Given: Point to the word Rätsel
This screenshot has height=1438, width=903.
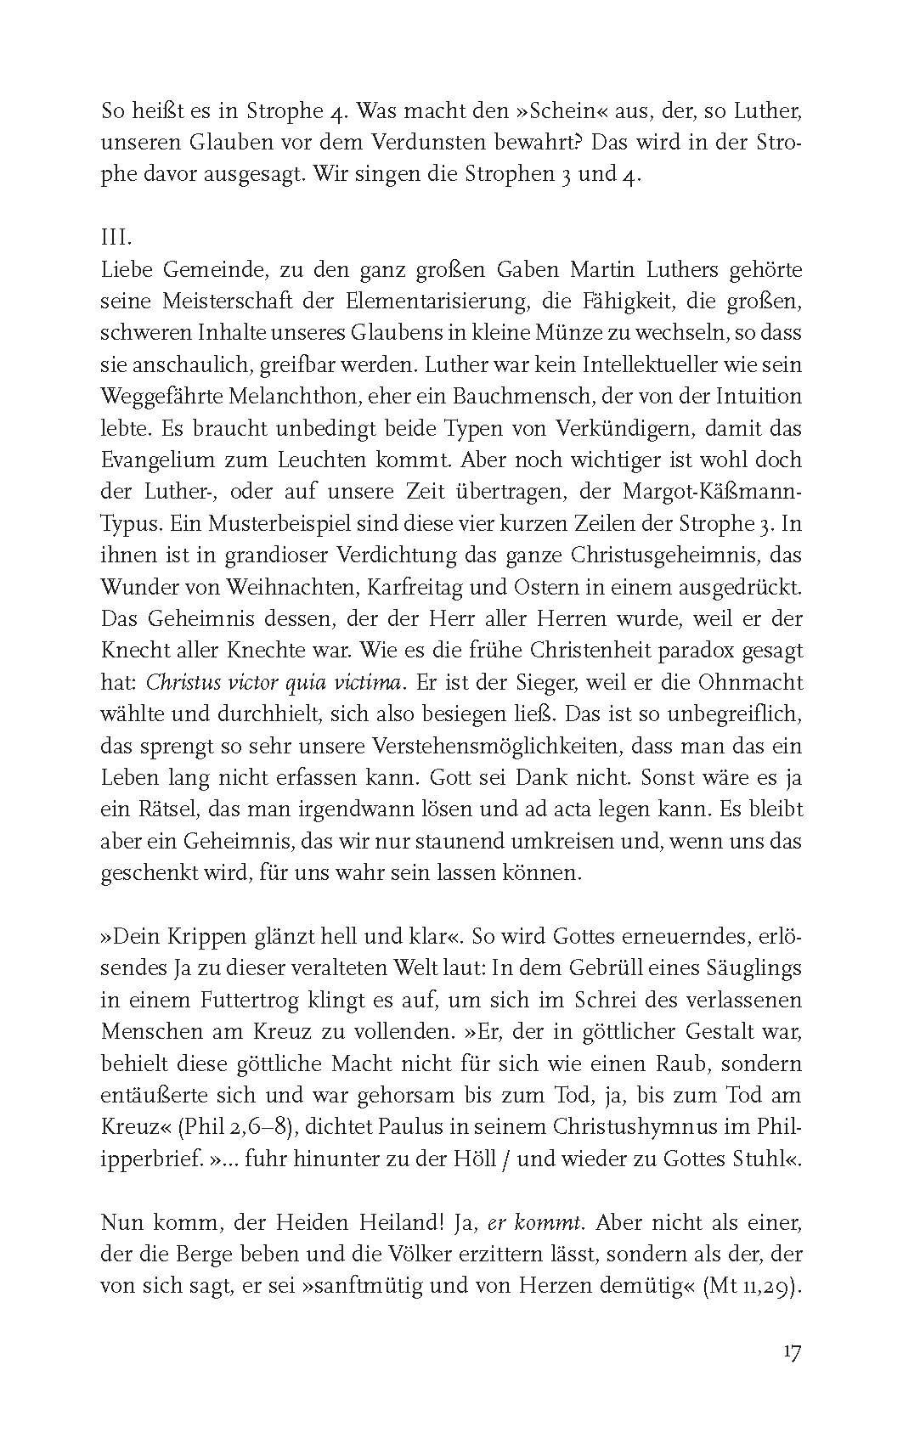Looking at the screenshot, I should (163, 809).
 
